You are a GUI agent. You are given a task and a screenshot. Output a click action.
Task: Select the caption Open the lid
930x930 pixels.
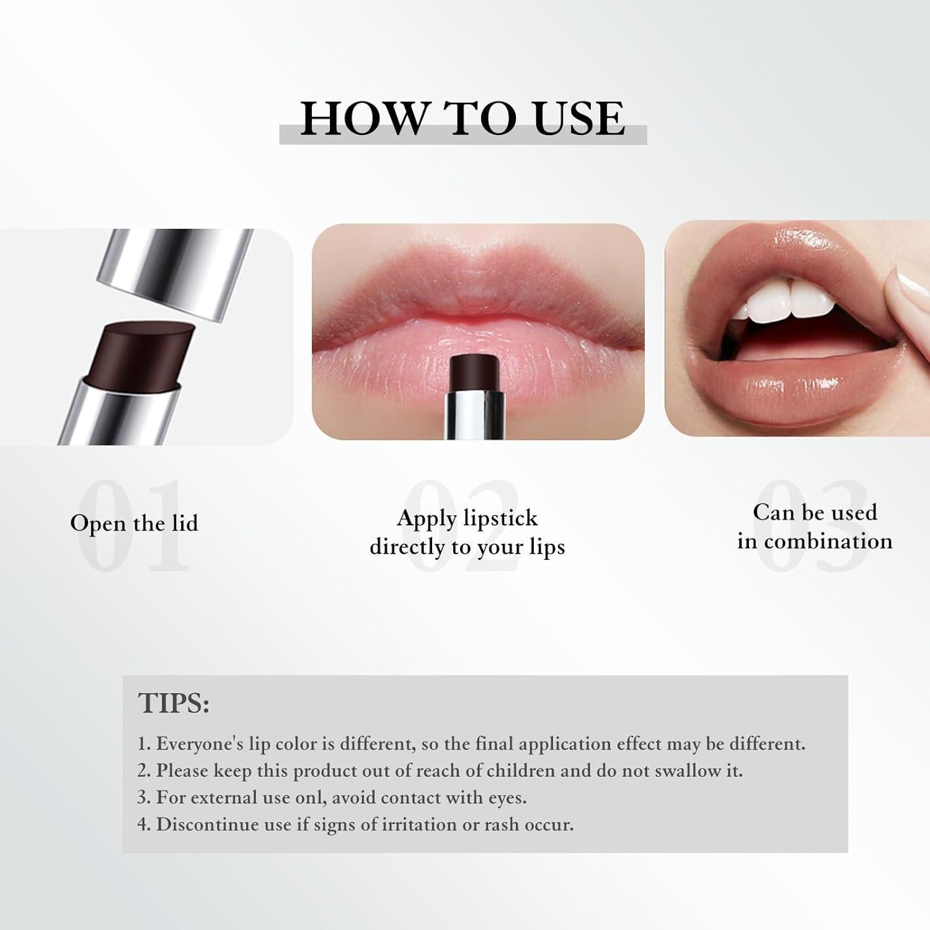(134, 523)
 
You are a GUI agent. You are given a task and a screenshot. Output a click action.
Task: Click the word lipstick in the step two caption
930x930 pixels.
(502, 518)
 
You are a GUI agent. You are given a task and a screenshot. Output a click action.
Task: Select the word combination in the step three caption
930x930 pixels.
(828, 541)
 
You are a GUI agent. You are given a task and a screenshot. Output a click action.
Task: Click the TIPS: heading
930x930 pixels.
(174, 703)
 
